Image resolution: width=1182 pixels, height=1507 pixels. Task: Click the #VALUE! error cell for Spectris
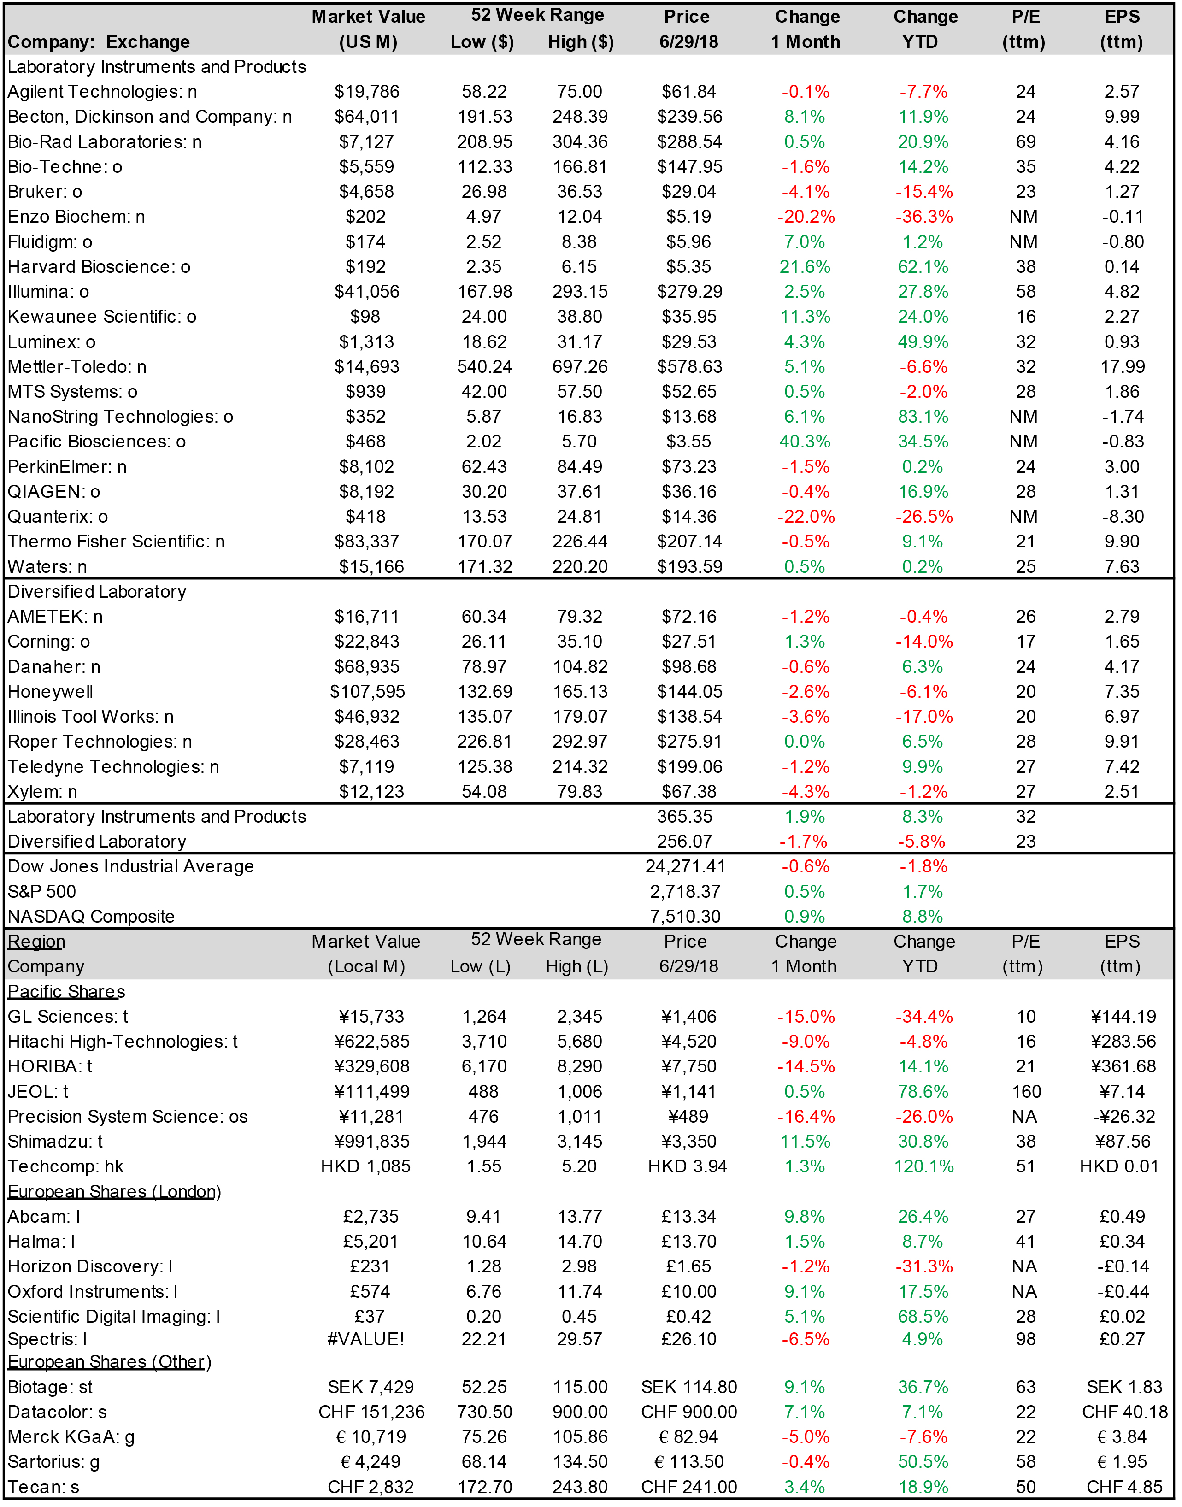pyautogui.click(x=365, y=1339)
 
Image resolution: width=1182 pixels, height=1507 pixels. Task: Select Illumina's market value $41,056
pyautogui.click(x=367, y=291)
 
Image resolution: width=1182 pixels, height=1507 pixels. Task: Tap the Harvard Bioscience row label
pyautogui.click(x=99, y=266)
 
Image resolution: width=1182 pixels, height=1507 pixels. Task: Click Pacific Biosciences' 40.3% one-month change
pyautogui.click(x=805, y=442)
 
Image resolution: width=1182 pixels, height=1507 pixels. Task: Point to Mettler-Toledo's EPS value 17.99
pyautogui.click(x=1122, y=367)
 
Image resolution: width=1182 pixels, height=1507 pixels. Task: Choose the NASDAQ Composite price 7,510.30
pyautogui.click(x=685, y=916)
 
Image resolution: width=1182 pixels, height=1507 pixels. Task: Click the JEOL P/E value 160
pyautogui.click(x=1026, y=1091)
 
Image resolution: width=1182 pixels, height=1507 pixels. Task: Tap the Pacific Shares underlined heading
pyautogui.click(x=66, y=991)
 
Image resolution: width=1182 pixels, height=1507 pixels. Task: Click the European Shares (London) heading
pyautogui.click(x=114, y=1191)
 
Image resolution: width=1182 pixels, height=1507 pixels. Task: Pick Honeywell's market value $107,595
pyautogui.click(x=367, y=691)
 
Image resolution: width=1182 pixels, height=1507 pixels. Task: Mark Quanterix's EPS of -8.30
pyautogui.click(x=1122, y=516)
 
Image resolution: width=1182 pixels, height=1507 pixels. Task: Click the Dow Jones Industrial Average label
pyautogui.click(x=131, y=866)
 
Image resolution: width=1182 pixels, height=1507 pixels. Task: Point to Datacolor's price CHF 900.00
pyautogui.click(x=689, y=1412)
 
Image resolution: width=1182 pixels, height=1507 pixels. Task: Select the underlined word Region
pyautogui.click(x=36, y=941)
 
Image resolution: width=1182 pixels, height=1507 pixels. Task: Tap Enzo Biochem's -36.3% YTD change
pyautogui.click(x=924, y=217)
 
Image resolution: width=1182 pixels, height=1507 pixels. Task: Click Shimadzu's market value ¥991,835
pyautogui.click(x=371, y=1141)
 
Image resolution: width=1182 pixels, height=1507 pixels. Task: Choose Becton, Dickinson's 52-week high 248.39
pyautogui.click(x=580, y=116)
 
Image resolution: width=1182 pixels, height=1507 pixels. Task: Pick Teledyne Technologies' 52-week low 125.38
pyautogui.click(x=484, y=767)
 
